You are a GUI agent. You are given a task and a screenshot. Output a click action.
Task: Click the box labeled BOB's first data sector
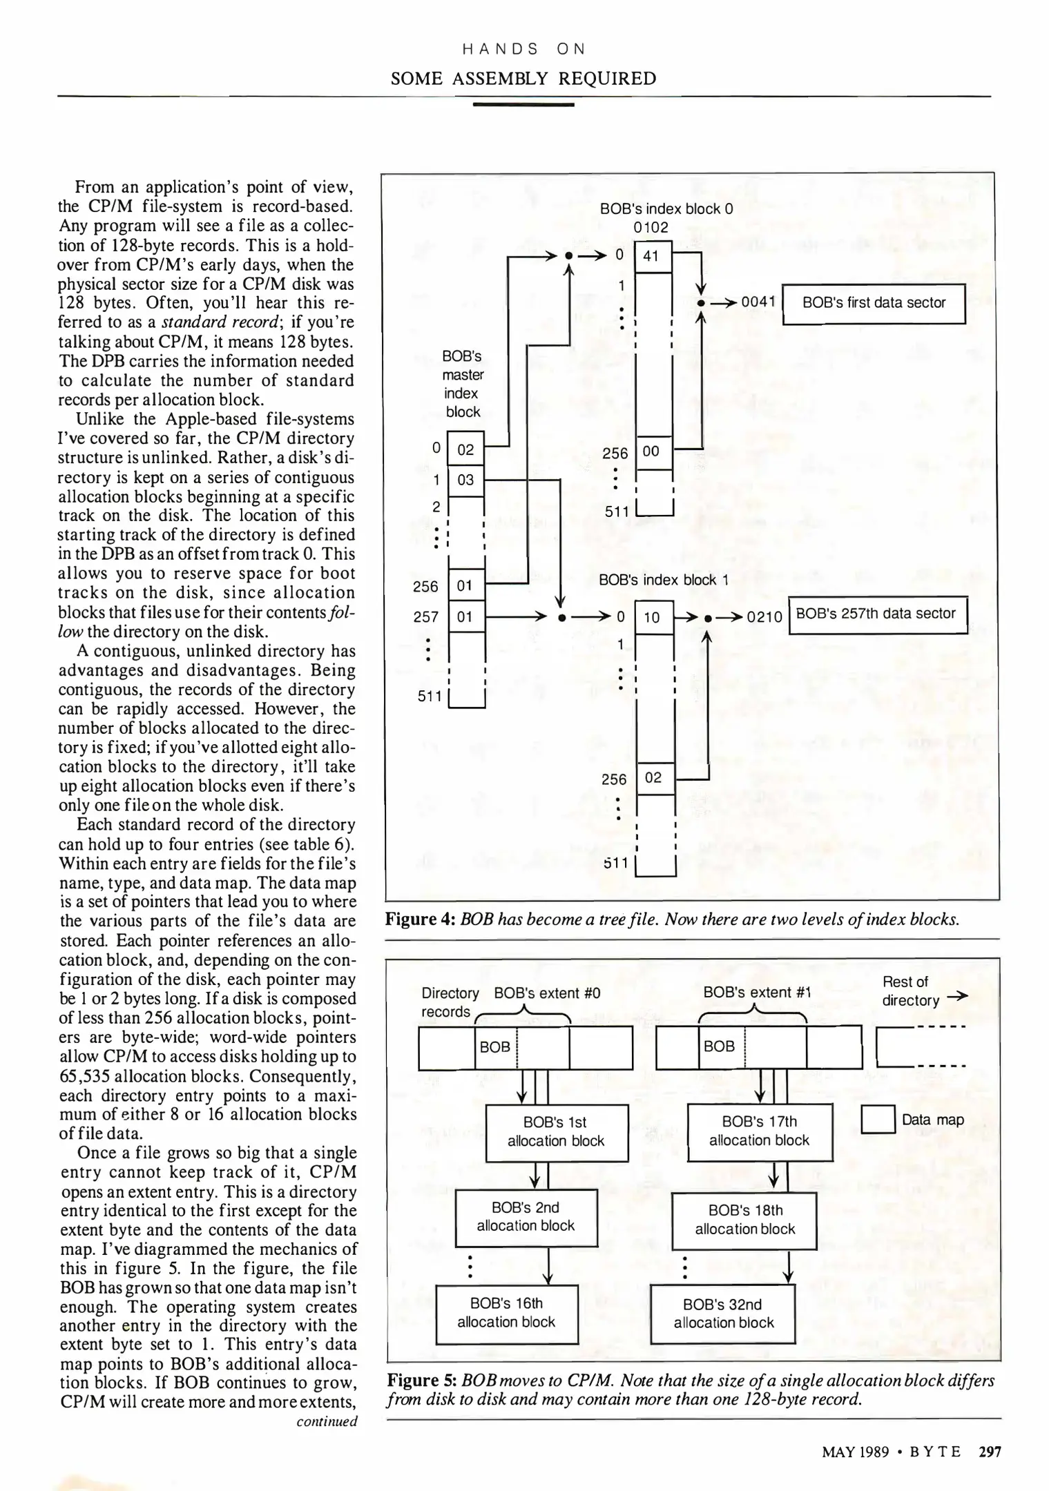874,304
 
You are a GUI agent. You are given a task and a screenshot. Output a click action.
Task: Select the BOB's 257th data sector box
877,614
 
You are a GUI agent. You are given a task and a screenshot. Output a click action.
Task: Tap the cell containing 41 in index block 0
652,256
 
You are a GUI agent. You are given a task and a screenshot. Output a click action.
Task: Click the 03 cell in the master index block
465,480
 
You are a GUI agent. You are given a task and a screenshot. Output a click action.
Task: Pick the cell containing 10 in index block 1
652,617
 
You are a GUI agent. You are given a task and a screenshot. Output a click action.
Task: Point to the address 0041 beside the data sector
759,302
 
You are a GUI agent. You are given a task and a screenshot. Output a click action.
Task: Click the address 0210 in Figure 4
764,617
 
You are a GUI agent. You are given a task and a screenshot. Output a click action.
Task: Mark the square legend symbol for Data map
878,1120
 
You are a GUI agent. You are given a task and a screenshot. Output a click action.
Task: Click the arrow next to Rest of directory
958,996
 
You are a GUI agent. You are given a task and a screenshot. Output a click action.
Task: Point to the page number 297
990,1452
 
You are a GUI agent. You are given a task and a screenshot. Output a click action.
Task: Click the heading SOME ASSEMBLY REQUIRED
523,79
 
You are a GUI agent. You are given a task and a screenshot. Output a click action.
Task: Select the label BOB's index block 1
664,580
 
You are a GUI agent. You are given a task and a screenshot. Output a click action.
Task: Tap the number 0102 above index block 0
651,227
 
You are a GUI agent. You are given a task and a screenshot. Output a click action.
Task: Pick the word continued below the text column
327,1421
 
